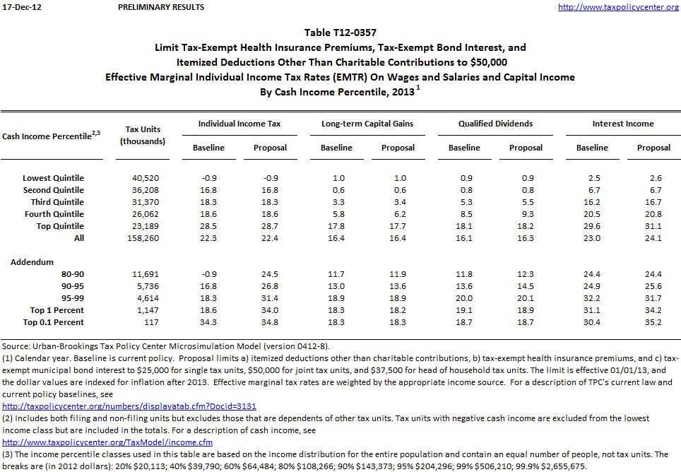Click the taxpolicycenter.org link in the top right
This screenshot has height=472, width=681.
(618, 7)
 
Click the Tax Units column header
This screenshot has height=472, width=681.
(143, 135)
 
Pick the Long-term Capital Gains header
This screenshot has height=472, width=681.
(367, 124)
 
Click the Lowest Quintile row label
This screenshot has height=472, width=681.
(53, 178)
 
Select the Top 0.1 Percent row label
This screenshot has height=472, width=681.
(53, 322)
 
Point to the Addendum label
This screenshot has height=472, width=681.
(32, 262)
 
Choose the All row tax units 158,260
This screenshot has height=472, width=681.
(143, 238)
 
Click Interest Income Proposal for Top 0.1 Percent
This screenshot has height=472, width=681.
(653, 322)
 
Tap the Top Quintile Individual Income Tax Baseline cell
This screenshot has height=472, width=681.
(208, 226)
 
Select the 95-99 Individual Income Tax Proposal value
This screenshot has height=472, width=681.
(270, 298)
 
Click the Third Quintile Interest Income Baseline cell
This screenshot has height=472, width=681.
(591, 202)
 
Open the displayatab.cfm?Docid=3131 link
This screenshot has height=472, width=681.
(129, 406)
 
